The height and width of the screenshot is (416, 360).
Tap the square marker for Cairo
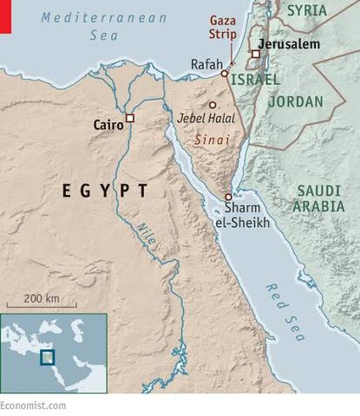[x=130, y=118]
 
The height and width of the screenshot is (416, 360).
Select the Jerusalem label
[x=291, y=43]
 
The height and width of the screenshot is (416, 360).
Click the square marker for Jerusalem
[x=255, y=54]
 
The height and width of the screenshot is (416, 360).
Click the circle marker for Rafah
[x=224, y=74]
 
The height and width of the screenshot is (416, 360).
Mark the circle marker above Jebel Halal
[x=212, y=105]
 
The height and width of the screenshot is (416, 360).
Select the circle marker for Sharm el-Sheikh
[x=228, y=197]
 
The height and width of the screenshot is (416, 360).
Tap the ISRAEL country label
[x=255, y=80]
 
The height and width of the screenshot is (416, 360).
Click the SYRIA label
[x=307, y=10]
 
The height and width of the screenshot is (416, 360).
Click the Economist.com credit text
[x=33, y=405]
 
